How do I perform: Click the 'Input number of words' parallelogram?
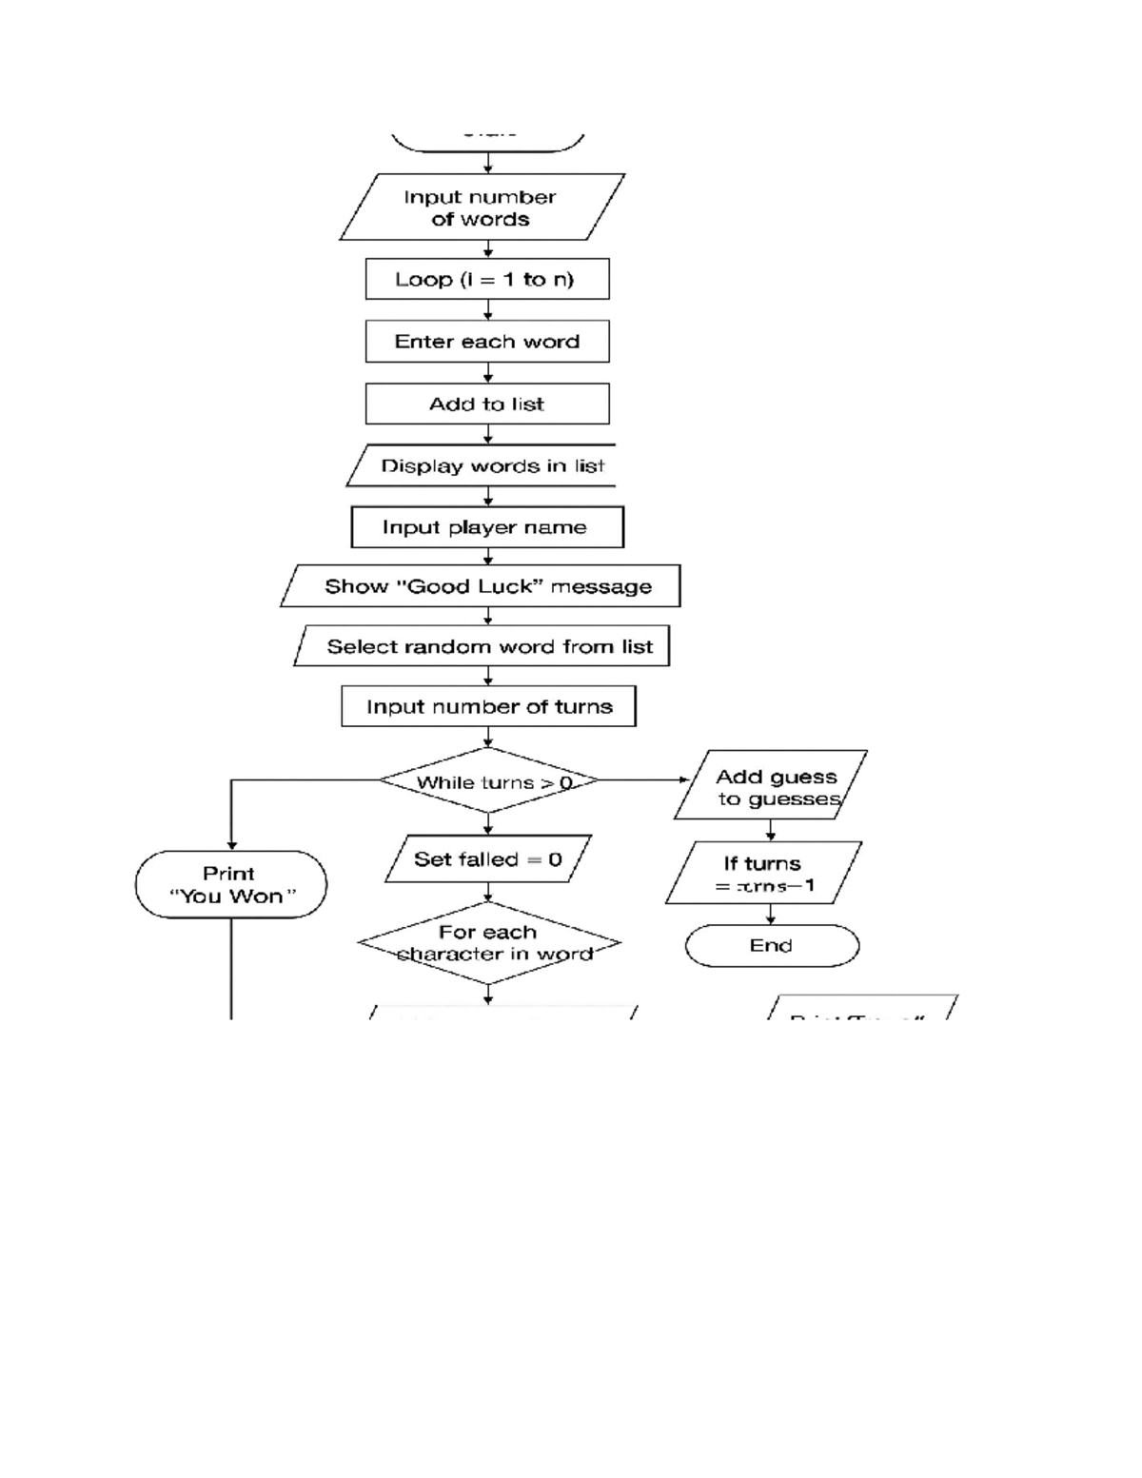tap(482, 207)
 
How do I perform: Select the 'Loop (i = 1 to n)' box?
tap(487, 280)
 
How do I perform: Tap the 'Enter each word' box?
tap(487, 342)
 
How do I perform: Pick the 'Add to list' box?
tap(487, 404)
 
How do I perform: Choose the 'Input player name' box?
tap(487, 527)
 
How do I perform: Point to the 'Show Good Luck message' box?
tap(482, 586)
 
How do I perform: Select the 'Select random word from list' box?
tap(482, 647)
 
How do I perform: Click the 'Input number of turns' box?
tap(488, 706)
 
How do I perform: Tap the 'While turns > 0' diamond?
tap(488, 781)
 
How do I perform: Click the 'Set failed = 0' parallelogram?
tap(488, 859)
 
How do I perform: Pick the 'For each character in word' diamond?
tap(489, 943)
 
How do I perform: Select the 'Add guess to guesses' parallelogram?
tap(772, 787)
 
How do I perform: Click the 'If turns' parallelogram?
tap(764, 874)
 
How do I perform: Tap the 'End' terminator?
tap(772, 946)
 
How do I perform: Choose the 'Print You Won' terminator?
tap(231, 884)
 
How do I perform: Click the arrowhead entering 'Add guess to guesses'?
tap(684, 780)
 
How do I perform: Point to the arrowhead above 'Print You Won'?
tap(231, 844)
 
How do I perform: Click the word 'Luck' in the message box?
tap(511, 586)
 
